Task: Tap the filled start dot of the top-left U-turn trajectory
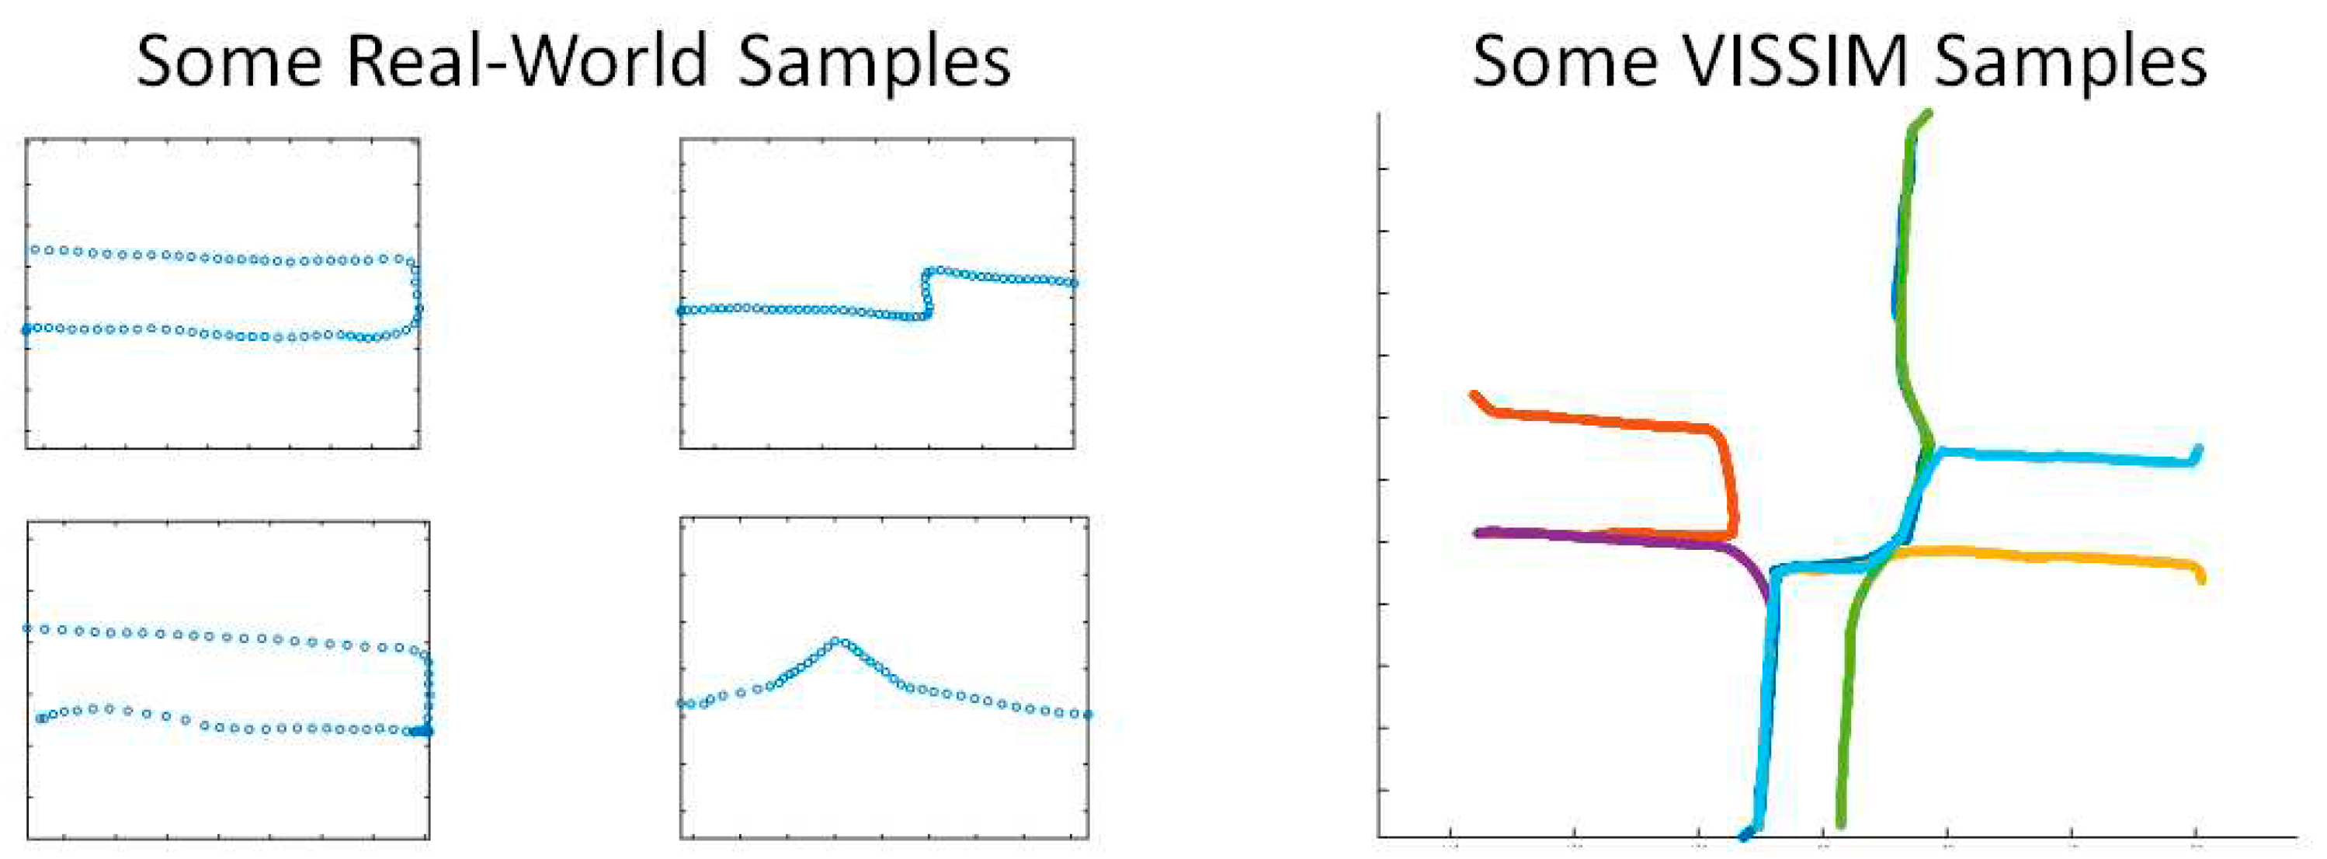point(26,329)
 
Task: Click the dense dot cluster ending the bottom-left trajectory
point(422,732)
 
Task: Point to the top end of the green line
point(1927,115)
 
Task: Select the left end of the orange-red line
point(1474,395)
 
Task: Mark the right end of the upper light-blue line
point(2198,449)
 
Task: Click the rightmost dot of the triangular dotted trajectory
point(1088,715)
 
